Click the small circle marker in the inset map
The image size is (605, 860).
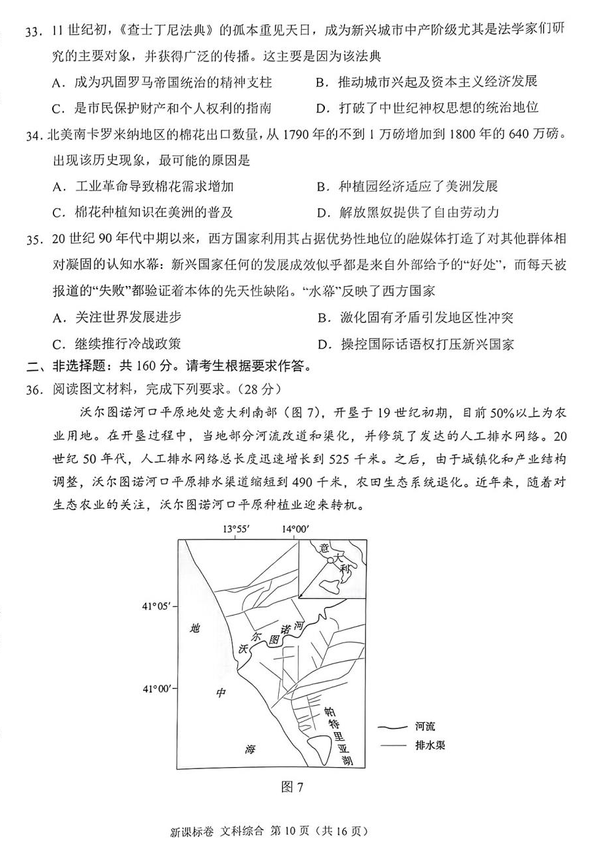click(x=328, y=561)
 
